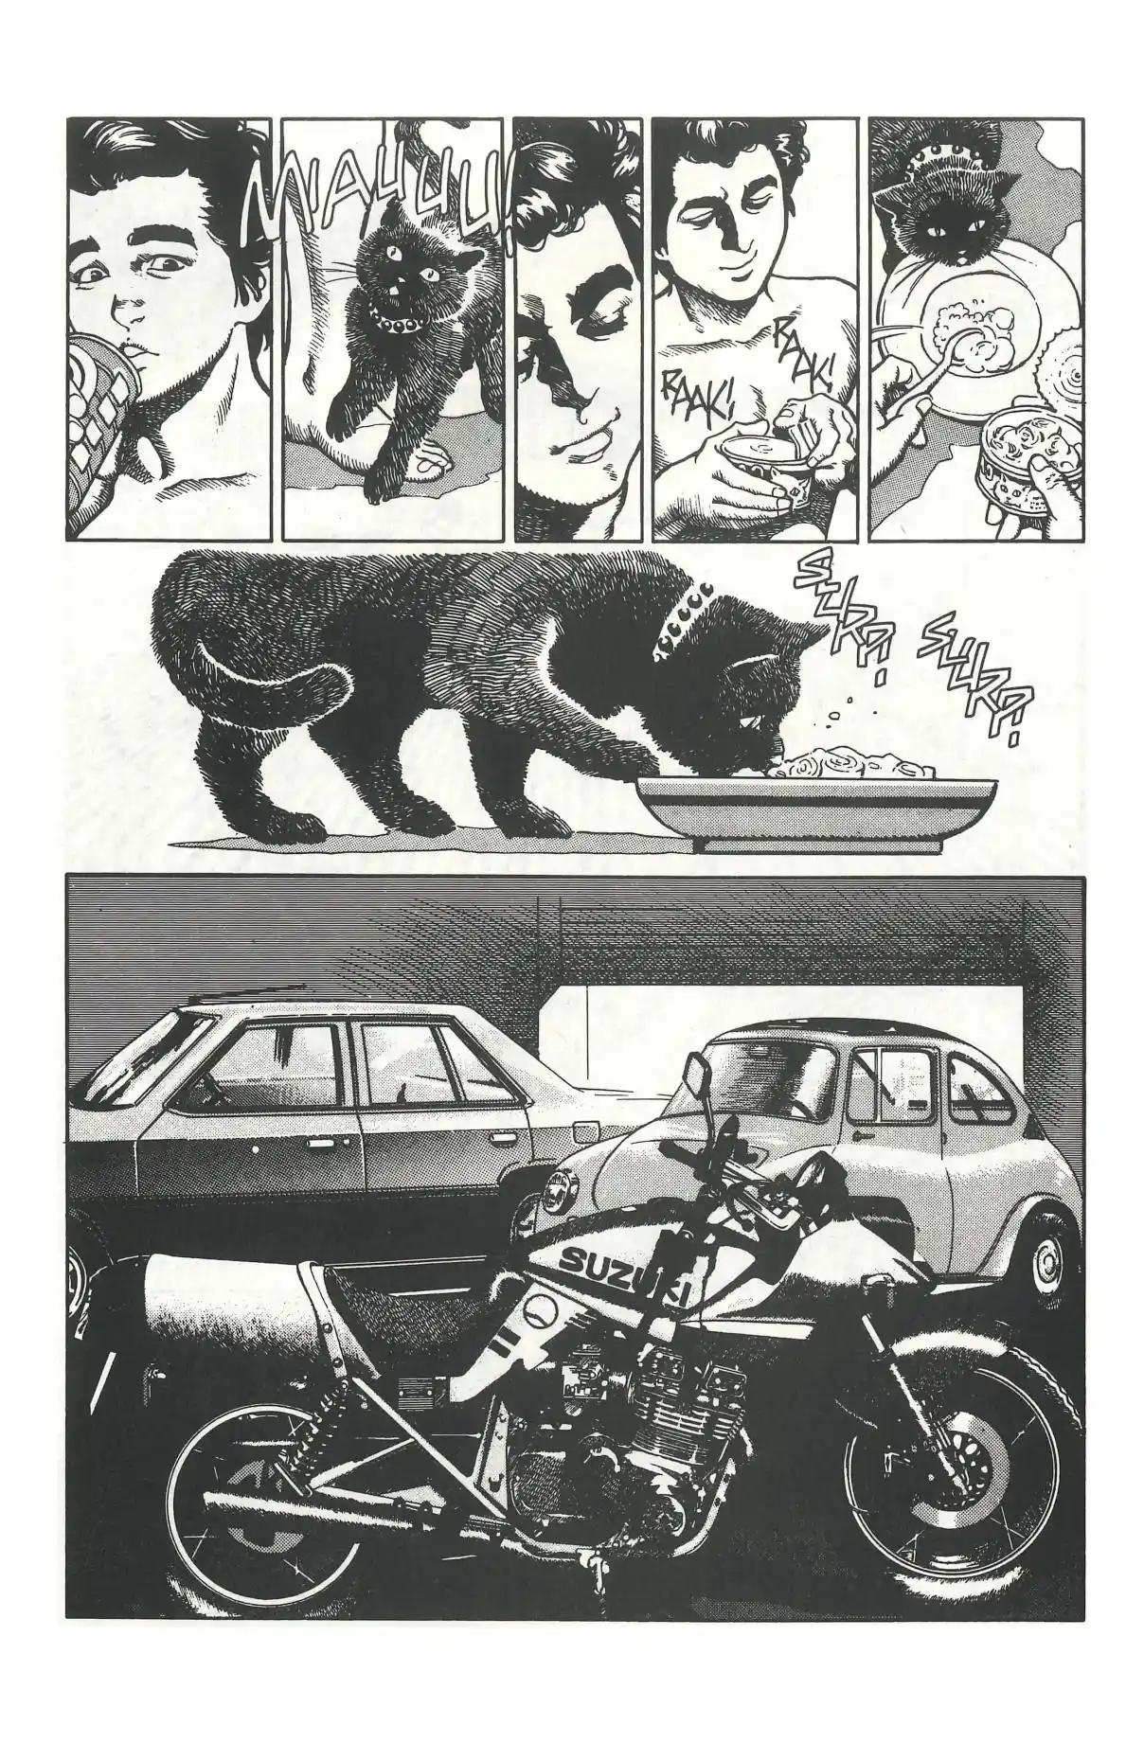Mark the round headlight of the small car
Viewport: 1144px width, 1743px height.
[x=553, y=1194]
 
